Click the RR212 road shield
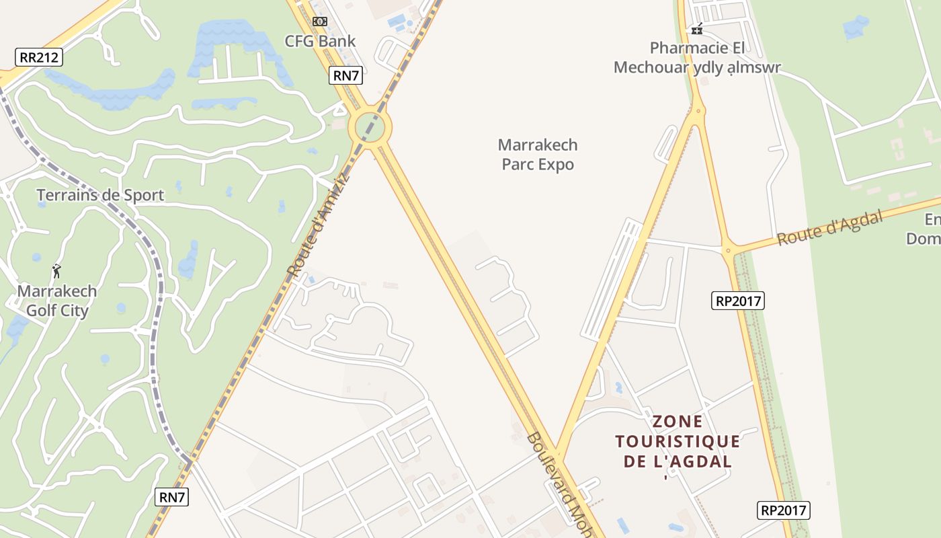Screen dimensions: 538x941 (39, 57)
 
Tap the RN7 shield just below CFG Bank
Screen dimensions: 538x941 (346, 75)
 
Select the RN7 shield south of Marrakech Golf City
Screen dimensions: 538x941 (172, 497)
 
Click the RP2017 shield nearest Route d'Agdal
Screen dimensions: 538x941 (738, 301)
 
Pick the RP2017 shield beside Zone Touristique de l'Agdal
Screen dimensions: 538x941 (783, 510)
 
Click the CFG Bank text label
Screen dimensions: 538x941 (320, 41)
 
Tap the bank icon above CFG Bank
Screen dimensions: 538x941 (320, 22)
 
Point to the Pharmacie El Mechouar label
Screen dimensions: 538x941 (697, 57)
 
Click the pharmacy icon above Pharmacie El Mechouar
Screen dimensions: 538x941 (697, 29)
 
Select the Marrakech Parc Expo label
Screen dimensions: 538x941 (538, 155)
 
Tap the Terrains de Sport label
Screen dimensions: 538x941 (100, 195)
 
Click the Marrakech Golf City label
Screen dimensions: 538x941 (57, 301)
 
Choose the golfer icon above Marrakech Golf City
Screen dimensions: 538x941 (56, 271)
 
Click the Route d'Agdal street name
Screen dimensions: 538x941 (829, 228)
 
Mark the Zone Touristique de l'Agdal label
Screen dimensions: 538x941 (678, 442)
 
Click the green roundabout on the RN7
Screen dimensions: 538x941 (370, 126)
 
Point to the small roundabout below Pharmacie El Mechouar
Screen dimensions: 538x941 (698, 110)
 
